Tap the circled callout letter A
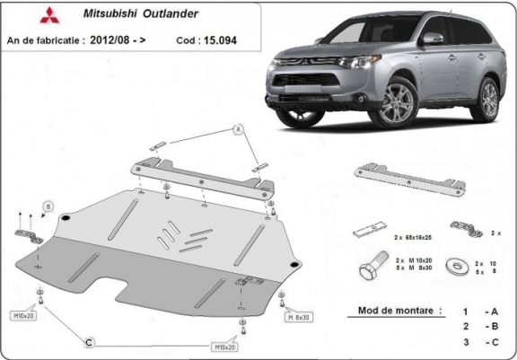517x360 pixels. click(x=239, y=129)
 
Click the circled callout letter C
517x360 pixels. click(x=88, y=343)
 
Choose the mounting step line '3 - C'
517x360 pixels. click(x=479, y=342)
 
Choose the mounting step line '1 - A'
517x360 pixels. click(x=479, y=311)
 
